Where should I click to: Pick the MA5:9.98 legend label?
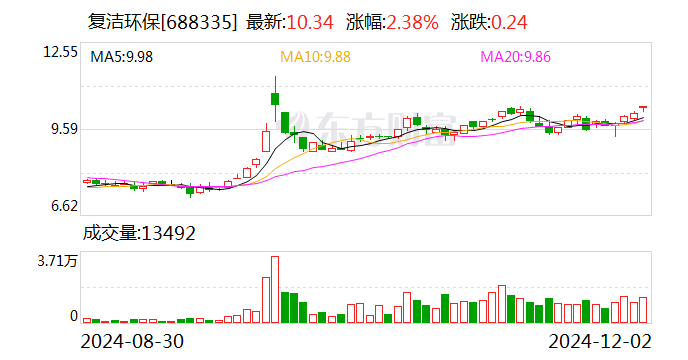tap(121, 57)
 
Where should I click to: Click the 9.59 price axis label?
tap(63, 129)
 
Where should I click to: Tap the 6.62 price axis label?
tap(63, 207)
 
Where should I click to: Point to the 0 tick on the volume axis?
tap(73, 316)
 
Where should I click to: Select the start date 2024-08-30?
tap(132, 341)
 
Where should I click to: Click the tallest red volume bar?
tap(274, 289)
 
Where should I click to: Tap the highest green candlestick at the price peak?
tap(274, 98)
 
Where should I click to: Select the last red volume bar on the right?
tap(643, 310)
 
